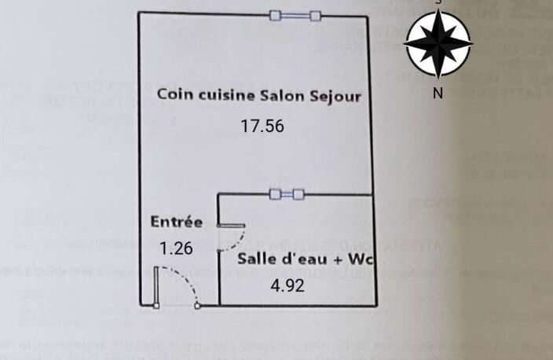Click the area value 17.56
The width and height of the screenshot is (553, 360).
pyautogui.click(x=262, y=126)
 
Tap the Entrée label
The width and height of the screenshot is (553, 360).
pyautogui.click(x=176, y=222)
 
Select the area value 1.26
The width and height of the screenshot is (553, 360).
pyautogui.click(x=176, y=248)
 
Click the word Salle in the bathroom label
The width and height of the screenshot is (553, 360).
pyautogui.click(x=257, y=259)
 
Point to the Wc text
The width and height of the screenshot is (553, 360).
pyautogui.click(x=361, y=259)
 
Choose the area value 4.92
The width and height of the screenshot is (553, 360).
pyautogui.click(x=287, y=285)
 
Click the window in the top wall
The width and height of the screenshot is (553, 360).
pyautogui.click(x=295, y=16)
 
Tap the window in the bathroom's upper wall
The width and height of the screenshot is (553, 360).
pyautogui.click(x=287, y=194)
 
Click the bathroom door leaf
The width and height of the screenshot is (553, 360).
pyautogui.click(x=231, y=226)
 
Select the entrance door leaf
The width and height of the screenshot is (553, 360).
pyautogui.click(x=156, y=288)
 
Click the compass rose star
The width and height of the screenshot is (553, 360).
pyautogui.click(x=438, y=43)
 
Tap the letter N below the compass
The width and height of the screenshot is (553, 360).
pyautogui.click(x=438, y=94)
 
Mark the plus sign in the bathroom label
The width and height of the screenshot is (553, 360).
pyautogui.click(x=339, y=260)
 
